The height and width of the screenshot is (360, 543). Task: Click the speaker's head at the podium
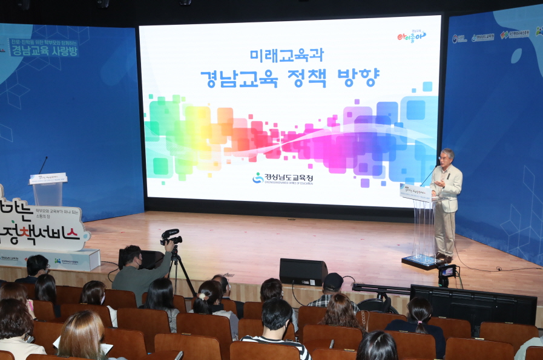(x=447, y=157)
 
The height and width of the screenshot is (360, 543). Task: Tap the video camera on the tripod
(x=171, y=237)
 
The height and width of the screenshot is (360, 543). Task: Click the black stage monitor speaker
(x=303, y=272)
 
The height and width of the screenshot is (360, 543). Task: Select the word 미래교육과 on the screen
(x=287, y=55)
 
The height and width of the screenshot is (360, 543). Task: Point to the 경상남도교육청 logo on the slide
(x=284, y=178)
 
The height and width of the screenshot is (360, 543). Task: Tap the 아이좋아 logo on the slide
(x=411, y=36)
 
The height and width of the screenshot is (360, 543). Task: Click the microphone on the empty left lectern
(x=42, y=165)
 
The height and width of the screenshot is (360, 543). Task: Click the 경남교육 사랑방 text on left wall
(x=44, y=51)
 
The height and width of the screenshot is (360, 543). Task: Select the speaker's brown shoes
(x=444, y=258)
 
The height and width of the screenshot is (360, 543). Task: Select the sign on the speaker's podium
(x=416, y=192)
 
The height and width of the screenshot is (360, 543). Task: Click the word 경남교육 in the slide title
(x=239, y=78)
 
